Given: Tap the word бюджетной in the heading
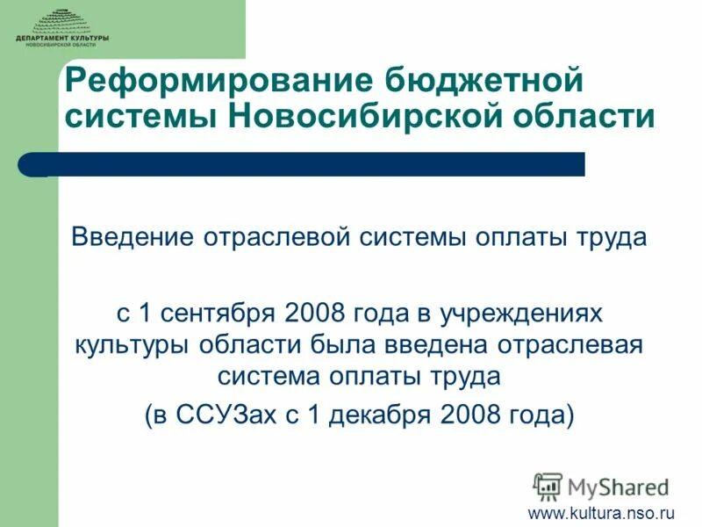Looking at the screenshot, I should [x=484, y=84].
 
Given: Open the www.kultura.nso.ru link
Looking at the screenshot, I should [x=600, y=512].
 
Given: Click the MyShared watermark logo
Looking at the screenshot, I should [x=602, y=485].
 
